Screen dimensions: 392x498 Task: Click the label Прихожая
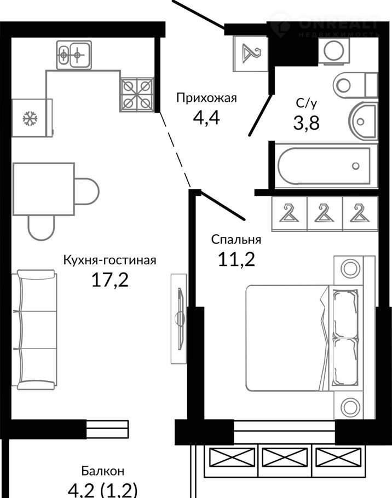click(206, 98)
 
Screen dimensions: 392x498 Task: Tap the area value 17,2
click(110, 280)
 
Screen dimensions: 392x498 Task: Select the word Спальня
click(236, 240)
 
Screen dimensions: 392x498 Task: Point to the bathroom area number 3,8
click(306, 123)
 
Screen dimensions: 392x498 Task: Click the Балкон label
click(102, 471)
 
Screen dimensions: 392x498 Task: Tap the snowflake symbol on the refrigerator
click(30, 118)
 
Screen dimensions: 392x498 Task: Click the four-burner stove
click(136, 95)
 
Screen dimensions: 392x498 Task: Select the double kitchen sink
click(74, 55)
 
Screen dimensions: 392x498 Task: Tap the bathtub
click(324, 165)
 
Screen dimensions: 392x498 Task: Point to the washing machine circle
click(334, 50)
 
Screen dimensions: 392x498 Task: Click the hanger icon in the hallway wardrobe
click(251, 54)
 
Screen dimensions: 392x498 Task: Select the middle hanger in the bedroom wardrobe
click(325, 213)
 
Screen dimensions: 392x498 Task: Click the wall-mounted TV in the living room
click(180, 319)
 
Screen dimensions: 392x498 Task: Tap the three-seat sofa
click(35, 329)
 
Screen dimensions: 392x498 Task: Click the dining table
click(44, 189)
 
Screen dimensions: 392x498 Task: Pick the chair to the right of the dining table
click(87, 191)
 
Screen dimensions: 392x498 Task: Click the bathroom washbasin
click(363, 121)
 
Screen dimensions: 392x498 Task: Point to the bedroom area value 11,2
click(237, 259)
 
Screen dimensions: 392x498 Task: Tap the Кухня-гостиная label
click(110, 260)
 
